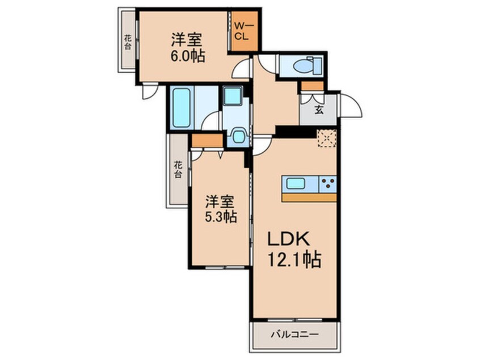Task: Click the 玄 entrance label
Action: (319, 110)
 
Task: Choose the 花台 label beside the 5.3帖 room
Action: (178, 170)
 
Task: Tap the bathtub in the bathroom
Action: (182, 108)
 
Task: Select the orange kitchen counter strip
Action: (309, 198)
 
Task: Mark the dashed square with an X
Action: (326, 138)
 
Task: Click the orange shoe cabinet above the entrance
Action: (311, 86)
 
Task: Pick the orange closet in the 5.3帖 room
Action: (207, 140)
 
